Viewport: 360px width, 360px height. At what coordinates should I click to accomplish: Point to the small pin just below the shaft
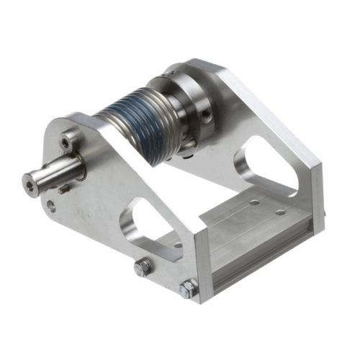point(64,189)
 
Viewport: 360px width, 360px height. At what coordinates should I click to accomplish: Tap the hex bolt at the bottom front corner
point(188,289)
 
